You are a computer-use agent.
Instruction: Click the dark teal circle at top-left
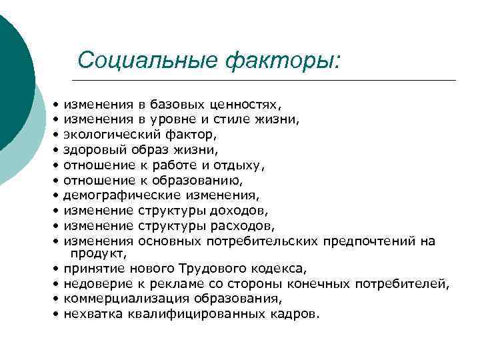click(x=10, y=80)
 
